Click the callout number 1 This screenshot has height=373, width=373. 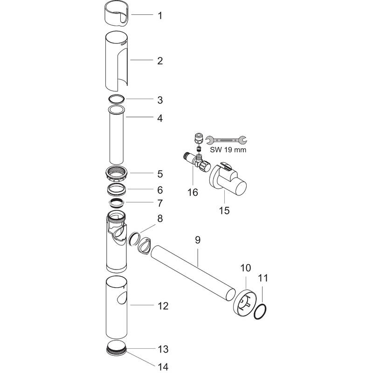click(159, 15)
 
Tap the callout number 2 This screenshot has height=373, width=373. click(159, 61)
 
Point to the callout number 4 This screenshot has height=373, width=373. click(159, 118)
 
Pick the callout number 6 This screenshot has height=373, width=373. click(159, 190)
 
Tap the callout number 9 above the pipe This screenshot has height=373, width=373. click(197, 241)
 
